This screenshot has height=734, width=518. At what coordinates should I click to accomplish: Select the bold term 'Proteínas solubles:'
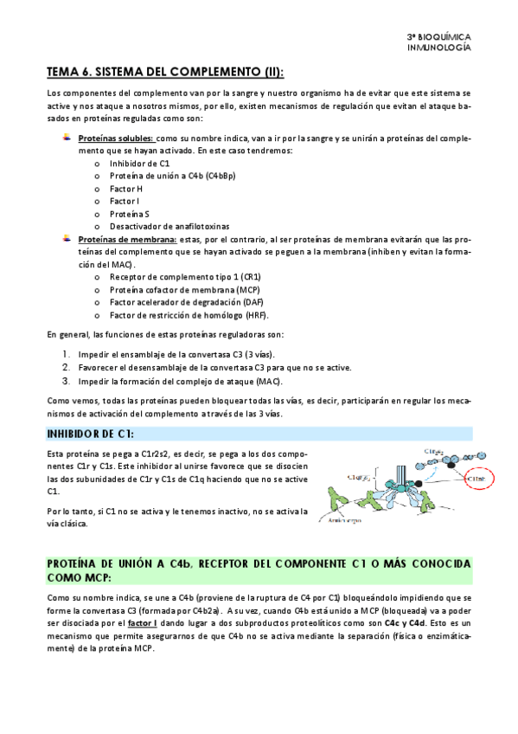tap(116, 138)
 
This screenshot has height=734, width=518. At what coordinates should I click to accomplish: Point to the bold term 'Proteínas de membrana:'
tap(126, 239)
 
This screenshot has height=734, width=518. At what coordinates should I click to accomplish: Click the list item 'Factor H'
tap(126, 189)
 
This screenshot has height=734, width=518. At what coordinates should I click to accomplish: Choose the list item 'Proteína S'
tap(130, 214)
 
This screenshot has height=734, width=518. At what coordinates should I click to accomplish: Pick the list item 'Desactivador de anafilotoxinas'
tap(167, 226)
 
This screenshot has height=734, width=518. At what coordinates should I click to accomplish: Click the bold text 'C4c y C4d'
tap(405, 622)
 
